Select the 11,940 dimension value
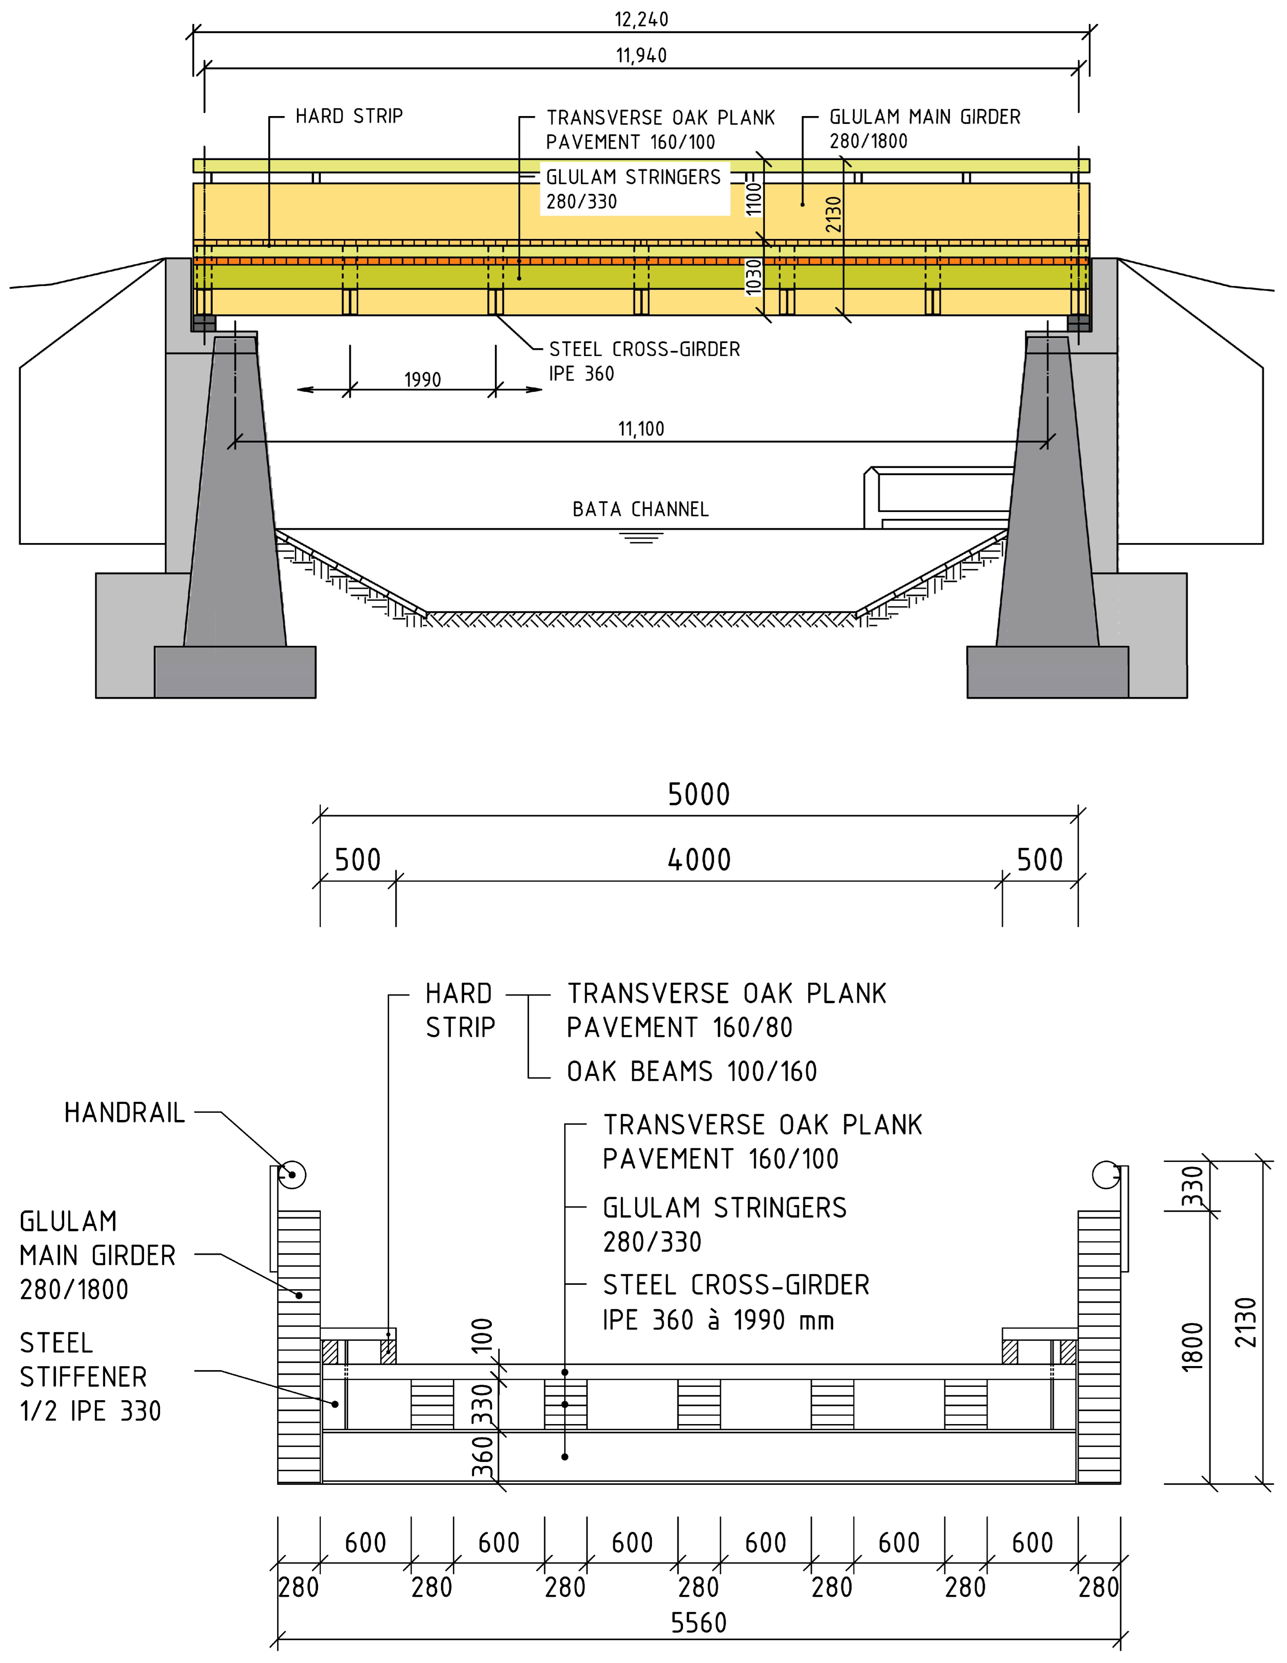point(641,56)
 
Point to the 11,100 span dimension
point(641,429)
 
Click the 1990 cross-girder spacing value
point(423,380)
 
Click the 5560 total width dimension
point(698,1624)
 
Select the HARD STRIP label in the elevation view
point(349,116)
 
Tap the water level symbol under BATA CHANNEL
point(641,537)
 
